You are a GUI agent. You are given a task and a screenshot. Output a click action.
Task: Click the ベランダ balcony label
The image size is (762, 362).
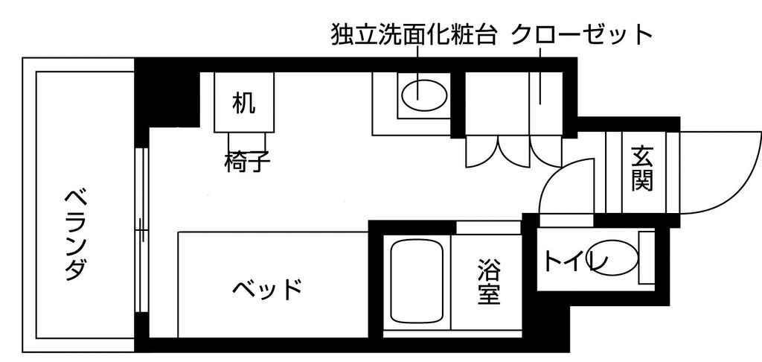74,233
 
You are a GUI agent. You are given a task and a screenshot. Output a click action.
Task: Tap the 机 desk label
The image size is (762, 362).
243,103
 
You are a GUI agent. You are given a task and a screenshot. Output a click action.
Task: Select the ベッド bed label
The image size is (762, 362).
267,288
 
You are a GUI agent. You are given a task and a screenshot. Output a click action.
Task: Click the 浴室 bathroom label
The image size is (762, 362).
488,281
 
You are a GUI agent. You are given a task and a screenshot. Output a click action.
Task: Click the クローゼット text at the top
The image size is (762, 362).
582,34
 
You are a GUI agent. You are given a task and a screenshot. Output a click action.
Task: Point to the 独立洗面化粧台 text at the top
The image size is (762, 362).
414,34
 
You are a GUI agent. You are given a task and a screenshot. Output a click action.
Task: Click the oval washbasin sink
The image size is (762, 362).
424,95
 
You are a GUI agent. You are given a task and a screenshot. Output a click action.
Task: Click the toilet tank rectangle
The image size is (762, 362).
646,258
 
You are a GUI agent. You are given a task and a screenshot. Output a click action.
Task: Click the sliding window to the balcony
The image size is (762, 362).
141,231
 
